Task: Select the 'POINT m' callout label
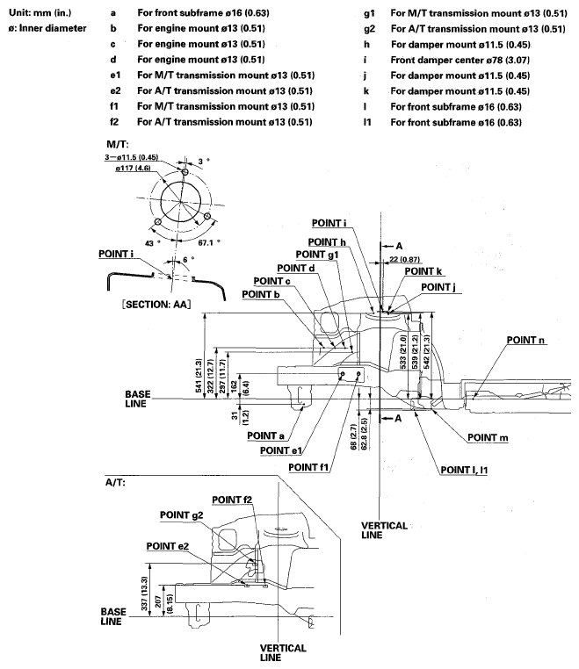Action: pyautogui.click(x=490, y=436)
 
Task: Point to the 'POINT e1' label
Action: pyautogui.click(x=283, y=450)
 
